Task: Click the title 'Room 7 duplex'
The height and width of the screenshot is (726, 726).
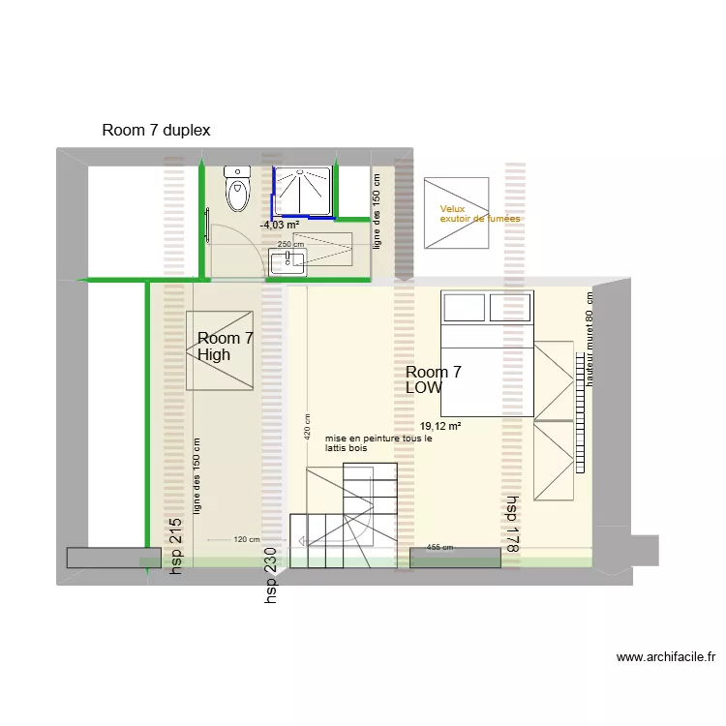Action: [x=156, y=130]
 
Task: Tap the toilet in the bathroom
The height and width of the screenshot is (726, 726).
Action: [x=237, y=189]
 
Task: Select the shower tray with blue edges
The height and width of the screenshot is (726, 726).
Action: [x=303, y=192]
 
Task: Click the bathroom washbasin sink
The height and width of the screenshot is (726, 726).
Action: [x=287, y=262]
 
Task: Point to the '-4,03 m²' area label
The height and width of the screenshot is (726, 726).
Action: [x=280, y=225]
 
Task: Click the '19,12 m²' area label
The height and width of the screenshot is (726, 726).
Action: [x=439, y=426]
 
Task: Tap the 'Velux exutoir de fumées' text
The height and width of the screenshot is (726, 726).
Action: [x=480, y=214]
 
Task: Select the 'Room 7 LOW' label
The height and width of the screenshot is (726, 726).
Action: [x=434, y=379]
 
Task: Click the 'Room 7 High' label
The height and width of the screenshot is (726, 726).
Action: [x=225, y=347]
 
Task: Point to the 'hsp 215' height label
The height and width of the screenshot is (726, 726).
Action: [x=175, y=546]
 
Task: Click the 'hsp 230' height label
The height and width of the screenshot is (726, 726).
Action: [x=270, y=576]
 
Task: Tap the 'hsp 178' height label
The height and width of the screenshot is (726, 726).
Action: [x=512, y=524]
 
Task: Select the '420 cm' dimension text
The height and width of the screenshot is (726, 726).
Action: [x=307, y=427]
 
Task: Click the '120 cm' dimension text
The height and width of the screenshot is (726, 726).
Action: [x=246, y=539]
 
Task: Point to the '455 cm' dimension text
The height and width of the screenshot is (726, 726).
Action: [x=439, y=547]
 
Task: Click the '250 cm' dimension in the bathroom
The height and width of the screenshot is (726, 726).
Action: [x=290, y=244]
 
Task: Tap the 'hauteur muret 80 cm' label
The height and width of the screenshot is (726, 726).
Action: [x=589, y=339]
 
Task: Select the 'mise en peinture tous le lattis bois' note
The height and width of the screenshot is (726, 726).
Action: [x=378, y=443]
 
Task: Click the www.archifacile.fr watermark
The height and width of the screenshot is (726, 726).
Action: [x=666, y=657]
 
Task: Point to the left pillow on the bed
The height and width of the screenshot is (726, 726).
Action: [x=464, y=308]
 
